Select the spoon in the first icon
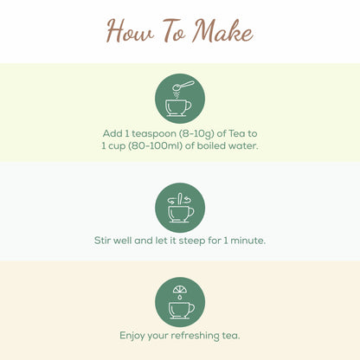click(x=185, y=87)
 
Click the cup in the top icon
click(x=178, y=106)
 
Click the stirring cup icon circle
click(x=180, y=208)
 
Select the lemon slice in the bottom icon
click(x=179, y=289)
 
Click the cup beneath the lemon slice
click(x=180, y=309)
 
